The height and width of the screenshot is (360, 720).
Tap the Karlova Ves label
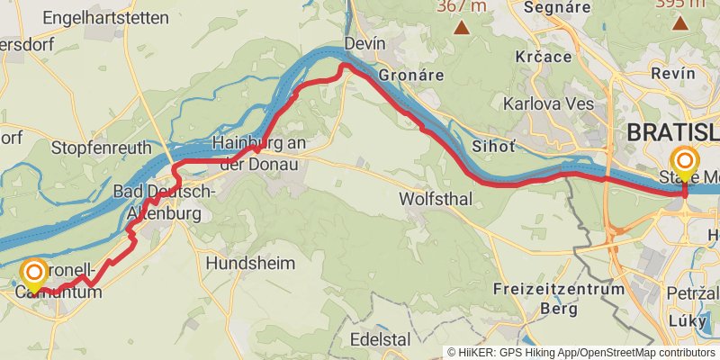[x=548, y=103]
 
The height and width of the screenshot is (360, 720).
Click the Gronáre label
[x=411, y=75]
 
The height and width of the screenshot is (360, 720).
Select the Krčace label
[x=544, y=57]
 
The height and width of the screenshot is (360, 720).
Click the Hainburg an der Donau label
[x=259, y=151]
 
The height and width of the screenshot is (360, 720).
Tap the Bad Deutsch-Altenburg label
[x=164, y=202]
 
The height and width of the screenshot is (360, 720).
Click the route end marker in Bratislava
[x=685, y=163]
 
